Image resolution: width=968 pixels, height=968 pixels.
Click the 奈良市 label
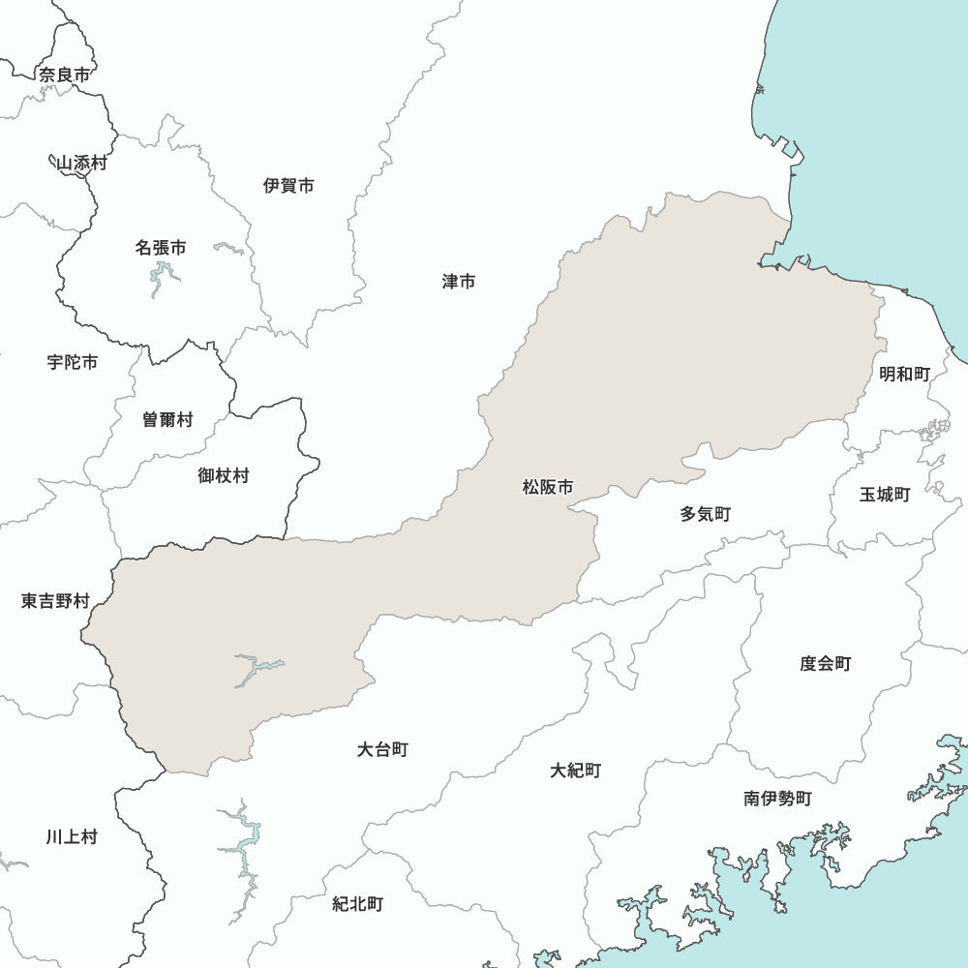coord(64,75)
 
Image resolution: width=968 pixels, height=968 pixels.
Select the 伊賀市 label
coord(288,186)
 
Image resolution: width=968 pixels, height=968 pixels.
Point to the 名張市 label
coord(161,248)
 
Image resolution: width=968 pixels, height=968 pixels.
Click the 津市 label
coord(459,282)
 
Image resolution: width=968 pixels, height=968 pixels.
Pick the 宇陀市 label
coord(73,362)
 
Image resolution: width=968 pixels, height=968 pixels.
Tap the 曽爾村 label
coord(167,420)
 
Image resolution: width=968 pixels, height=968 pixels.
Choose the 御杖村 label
coord(224,475)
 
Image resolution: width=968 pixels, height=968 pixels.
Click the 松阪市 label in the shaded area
coord(548,488)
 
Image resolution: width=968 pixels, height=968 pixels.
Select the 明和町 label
coord(904,374)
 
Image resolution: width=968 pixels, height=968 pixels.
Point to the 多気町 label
coord(705,514)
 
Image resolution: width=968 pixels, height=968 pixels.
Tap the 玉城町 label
coord(885,495)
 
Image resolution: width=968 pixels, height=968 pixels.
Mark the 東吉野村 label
coord(55,601)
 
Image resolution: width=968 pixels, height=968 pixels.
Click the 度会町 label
coord(825,664)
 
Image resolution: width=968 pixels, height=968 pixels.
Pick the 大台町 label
coord(382,749)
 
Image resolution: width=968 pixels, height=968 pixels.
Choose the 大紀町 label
coord(576,771)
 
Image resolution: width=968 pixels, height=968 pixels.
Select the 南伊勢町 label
coord(778,799)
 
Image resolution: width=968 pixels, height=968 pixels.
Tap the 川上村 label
coord(72,836)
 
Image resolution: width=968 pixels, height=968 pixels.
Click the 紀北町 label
coord(358,904)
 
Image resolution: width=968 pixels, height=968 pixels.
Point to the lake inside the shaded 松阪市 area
coord(254,668)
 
